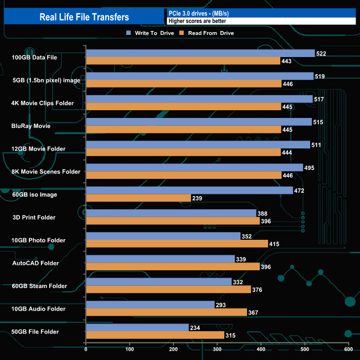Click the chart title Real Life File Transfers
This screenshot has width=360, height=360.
coord(84,17)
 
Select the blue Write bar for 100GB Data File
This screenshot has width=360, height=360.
coord(200,53)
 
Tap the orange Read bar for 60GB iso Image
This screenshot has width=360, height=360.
coord(138,198)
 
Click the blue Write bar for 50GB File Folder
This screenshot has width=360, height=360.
coord(137,327)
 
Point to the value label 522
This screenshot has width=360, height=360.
coord(322,53)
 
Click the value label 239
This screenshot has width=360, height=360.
coord(198,198)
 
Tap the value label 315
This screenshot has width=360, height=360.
coord(232,336)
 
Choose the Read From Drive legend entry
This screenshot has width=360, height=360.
coord(207,33)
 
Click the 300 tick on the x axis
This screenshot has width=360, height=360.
coord(217,349)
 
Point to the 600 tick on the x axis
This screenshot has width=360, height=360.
coord(348,349)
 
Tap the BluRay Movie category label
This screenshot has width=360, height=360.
coord(31,126)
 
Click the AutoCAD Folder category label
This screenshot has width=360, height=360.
coord(35,263)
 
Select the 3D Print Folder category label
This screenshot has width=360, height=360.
coord(34,217)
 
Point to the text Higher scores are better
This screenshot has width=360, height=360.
coord(197,21)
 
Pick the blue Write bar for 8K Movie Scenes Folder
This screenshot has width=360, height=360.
coord(194,168)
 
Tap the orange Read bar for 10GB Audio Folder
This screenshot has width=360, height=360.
coord(166,312)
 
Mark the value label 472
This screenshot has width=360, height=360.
coord(300,191)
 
